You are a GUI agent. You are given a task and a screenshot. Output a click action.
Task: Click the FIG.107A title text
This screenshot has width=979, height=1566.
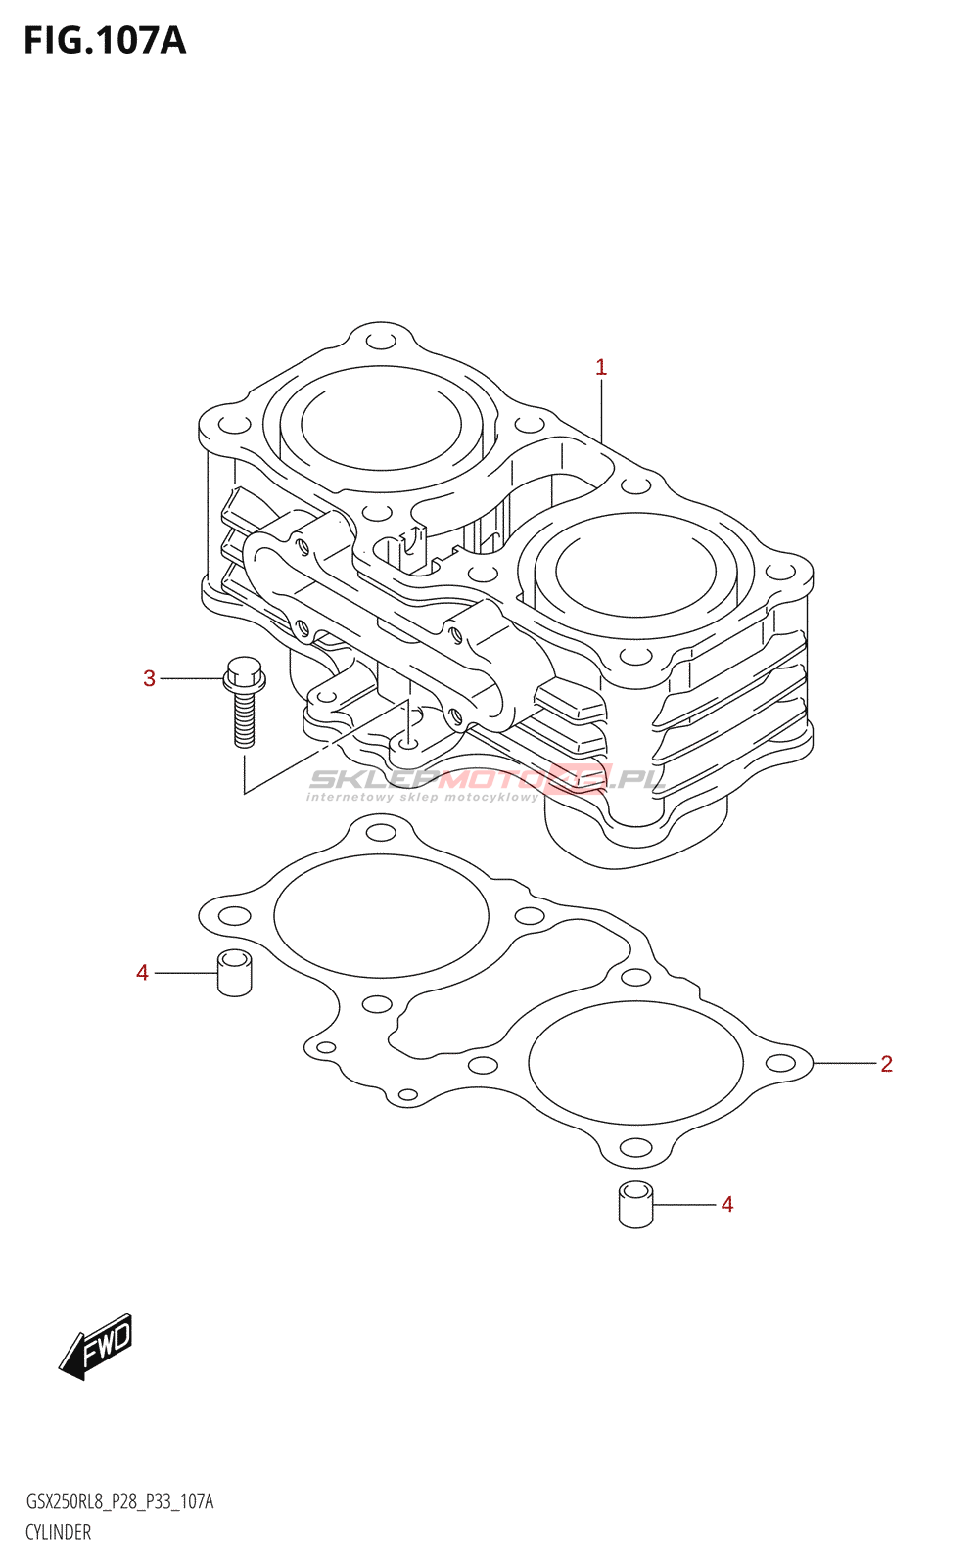tap(105, 41)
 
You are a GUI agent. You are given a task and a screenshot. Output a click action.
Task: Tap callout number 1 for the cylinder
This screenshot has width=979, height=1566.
tap(601, 368)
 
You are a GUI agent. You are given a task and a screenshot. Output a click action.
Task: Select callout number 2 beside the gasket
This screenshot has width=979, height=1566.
tap(886, 1064)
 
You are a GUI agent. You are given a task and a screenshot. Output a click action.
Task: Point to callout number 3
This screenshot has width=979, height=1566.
tap(149, 678)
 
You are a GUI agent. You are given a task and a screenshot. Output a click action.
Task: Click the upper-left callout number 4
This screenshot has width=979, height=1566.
tap(143, 973)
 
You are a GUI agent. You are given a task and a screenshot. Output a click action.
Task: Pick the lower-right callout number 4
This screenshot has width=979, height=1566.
tap(727, 1205)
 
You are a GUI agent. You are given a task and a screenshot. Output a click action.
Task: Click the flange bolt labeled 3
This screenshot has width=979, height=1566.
tap(244, 700)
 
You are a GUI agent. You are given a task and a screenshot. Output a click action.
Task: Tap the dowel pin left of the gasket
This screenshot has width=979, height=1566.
tap(234, 973)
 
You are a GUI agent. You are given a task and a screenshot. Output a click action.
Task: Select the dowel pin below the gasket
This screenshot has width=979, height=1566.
tap(636, 1205)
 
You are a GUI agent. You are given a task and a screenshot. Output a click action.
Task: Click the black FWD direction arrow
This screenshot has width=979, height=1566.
tap(96, 1348)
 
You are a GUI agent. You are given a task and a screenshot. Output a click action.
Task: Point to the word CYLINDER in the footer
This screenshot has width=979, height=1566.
tap(59, 1533)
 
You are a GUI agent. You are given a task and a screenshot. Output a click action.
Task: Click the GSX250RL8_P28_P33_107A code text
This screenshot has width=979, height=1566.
tap(119, 1502)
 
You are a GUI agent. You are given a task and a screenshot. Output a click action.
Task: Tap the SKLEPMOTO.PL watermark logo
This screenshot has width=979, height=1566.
tap(487, 781)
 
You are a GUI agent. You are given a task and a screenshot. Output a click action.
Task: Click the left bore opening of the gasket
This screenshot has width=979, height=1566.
tap(381, 916)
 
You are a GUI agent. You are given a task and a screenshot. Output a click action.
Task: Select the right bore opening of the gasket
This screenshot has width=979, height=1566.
tap(635, 1063)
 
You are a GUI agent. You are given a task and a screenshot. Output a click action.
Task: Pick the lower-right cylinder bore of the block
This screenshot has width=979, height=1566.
tap(635, 572)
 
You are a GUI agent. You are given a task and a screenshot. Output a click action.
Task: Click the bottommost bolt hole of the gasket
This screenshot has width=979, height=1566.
tap(635, 1147)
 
